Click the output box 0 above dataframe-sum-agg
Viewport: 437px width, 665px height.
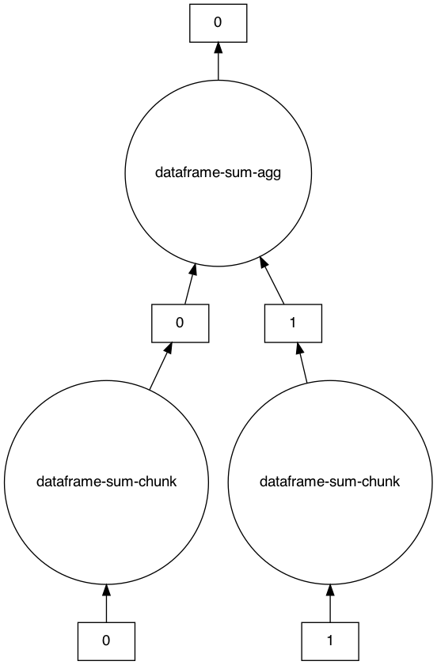tap(218, 23)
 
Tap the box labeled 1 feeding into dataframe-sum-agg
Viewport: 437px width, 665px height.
tap(292, 323)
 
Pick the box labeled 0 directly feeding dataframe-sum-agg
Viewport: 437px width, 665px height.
tap(180, 323)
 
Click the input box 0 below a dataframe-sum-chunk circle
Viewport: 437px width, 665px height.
tap(106, 641)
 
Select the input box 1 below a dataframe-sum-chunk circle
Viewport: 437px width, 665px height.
tap(330, 641)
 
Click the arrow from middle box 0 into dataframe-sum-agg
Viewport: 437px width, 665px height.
tap(189, 285)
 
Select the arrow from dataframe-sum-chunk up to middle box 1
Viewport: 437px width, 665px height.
tap(302, 363)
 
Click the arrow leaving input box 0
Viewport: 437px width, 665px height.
tap(106, 604)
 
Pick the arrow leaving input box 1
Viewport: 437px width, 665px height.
tap(330, 604)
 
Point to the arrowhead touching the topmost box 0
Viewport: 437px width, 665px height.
tap(218, 49)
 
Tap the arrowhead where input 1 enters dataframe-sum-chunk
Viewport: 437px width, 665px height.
tap(330, 591)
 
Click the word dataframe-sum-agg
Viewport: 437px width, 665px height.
tap(218, 173)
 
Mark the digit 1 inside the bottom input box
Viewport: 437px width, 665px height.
tap(330, 641)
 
